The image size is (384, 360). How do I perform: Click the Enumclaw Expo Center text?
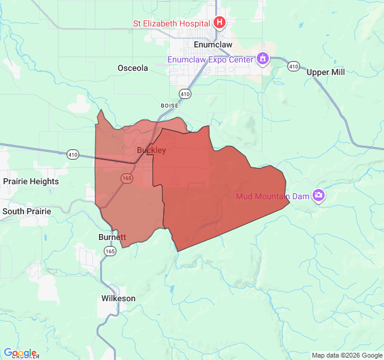pyautogui.click(x=209, y=59)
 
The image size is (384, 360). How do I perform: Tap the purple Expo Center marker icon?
pyautogui.click(x=262, y=59)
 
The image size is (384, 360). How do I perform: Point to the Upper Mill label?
pyautogui.click(x=326, y=72)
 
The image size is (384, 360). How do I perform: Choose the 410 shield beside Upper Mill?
pyautogui.click(x=293, y=65)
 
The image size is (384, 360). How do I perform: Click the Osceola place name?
pyautogui.click(x=133, y=68)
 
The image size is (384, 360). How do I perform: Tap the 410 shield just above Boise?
pyautogui.click(x=185, y=94)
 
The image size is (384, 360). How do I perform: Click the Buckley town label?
pyautogui.click(x=151, y=150)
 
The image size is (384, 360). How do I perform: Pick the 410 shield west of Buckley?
pyautogui.click(x=73, y=154)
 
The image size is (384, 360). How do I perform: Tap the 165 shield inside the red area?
pyautogui.click(x=127, y=178)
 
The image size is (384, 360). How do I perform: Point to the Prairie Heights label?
pyautogui.click(x=31, y=181)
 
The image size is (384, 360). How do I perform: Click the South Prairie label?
pyautogui.click(x=27, y=211)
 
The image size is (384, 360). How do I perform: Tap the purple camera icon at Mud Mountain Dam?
pyautogui.click(x=319, y=196)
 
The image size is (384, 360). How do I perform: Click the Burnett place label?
pyautogui.click(x=112, y=237)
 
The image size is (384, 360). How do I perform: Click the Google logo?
pyautogui.click(x=20, y=353)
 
